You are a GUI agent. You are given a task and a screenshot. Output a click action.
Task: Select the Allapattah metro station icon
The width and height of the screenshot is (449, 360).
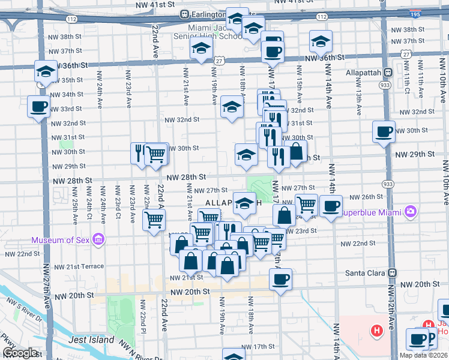pyautogui.click(x=388, y=73)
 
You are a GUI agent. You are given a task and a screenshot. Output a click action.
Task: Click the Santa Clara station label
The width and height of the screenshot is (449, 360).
pyautogui.click(x=364, y=272)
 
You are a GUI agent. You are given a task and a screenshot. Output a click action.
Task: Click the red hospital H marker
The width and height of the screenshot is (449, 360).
pyautogui.click(x=376, y=329)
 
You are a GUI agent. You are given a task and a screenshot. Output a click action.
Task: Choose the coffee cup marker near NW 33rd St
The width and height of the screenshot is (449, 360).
pyautogui.click(x=39, y=107)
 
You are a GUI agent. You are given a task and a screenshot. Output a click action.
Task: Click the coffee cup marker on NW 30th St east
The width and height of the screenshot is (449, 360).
pyautogui.click(x=384, y=132)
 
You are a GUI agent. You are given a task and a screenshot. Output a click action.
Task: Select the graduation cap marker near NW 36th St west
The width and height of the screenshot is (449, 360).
pyautogui.click(x=45, y=72)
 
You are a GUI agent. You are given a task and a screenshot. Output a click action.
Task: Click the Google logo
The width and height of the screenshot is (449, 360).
pyautogui.click(x=20, y=353)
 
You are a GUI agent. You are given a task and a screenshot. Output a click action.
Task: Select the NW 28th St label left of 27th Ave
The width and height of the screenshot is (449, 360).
pyautogui.click(x=72, y=180)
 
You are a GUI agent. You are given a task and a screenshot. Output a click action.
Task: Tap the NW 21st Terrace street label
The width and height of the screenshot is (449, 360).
pyautogui.click(x=79, y=266)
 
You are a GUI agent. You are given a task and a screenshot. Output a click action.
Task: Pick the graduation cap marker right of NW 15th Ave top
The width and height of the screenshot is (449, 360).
pyautogui.click(x=321, y=41)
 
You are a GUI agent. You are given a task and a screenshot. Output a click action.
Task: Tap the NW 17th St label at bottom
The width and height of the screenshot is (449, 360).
pyautogui.click(x=259, y=347)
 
